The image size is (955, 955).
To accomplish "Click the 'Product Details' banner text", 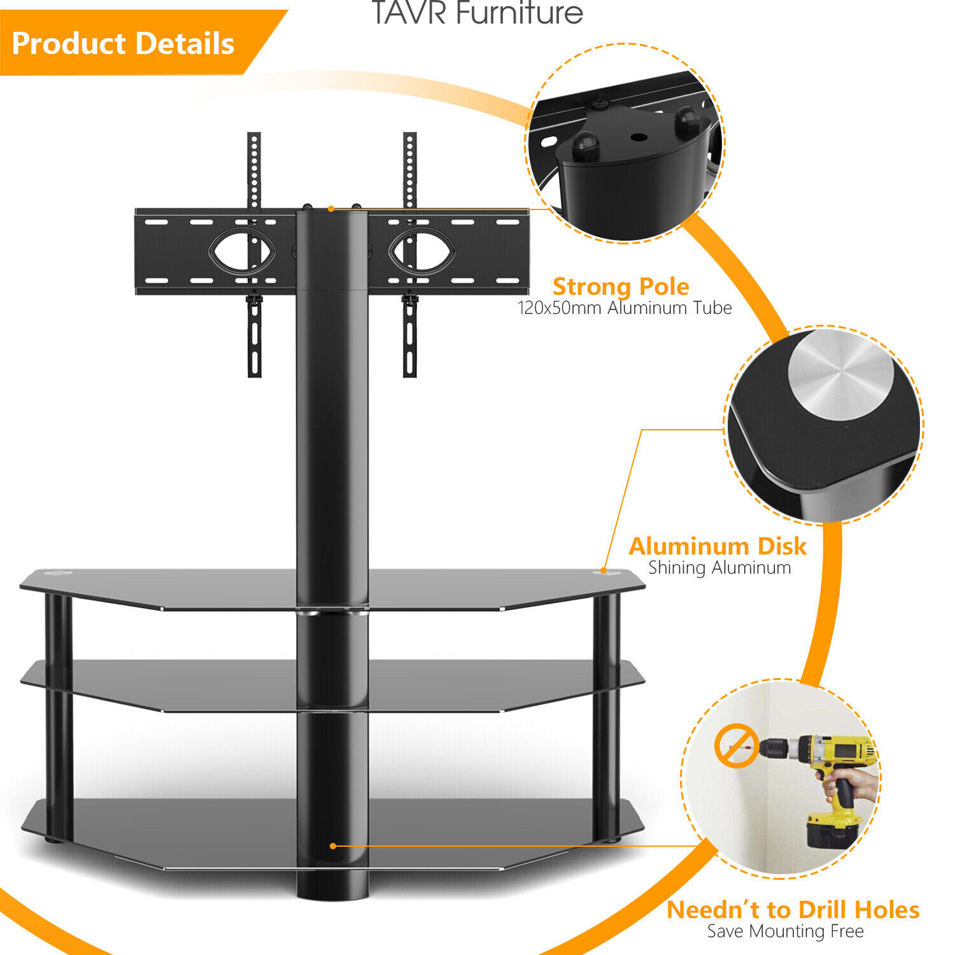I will [123, 43].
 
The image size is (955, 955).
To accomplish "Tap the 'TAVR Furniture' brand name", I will [477, 13].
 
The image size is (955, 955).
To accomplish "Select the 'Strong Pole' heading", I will [620, 286].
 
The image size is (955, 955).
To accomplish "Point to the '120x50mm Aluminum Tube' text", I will [624, 308].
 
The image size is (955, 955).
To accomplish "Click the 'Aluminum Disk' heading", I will [718, 546].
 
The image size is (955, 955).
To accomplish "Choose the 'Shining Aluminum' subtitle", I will [719, 567].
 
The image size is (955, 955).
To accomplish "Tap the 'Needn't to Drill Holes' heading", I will [793, 910].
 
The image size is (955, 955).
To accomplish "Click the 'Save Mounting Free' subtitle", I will [785, 931].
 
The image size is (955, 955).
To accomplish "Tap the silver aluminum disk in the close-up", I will [840, 376].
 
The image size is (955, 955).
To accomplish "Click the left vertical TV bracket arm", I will [254, 255].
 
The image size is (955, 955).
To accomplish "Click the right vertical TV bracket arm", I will [410, 255].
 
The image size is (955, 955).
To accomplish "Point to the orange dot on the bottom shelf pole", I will [332, 846].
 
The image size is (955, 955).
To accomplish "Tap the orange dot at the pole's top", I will [331, 209].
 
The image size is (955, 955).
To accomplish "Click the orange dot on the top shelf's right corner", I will [604, 571].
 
